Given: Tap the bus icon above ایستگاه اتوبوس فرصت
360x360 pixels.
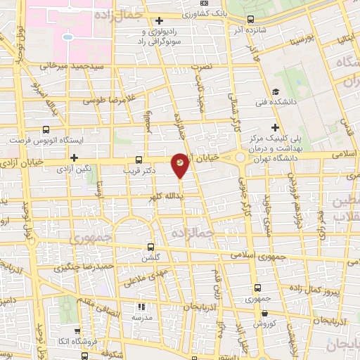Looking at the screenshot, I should (x=46, y=130).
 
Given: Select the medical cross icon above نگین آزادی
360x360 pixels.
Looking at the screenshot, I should (x=74, y=157).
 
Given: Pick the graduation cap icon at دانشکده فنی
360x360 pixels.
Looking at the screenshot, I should (x=276, y=93).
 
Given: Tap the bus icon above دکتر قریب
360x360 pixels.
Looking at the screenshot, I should (x=138, y=159).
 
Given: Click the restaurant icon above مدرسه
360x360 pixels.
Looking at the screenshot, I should (x=141, y=307).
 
